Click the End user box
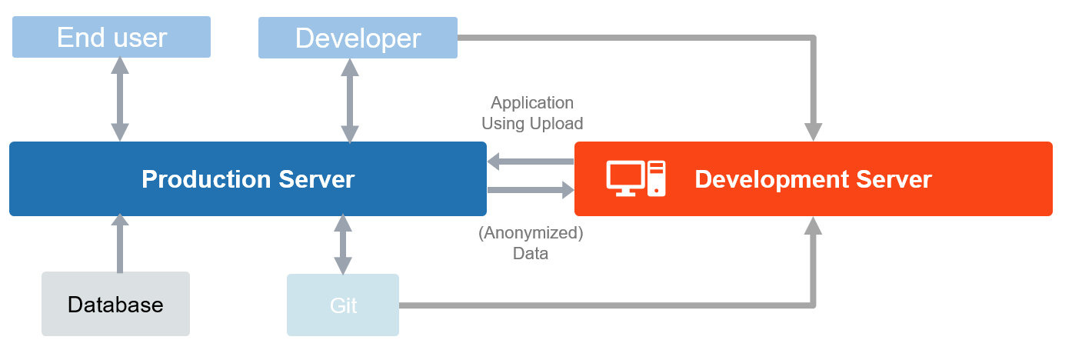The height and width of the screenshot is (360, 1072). tap(112, 38)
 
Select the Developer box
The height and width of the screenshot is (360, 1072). tap(358, 38)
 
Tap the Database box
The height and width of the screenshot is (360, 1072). tap(115, 305)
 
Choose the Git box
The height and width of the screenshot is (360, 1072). tap(343, 305)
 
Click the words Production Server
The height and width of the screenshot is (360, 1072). tap(248, 179)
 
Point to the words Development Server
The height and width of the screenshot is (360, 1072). tap(813, 179)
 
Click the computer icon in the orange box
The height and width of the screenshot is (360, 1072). tap(636, 178)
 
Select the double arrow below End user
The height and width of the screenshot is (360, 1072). tap(119, 98)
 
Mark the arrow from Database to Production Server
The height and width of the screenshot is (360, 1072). tap(119, 243)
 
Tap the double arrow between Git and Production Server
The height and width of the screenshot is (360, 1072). tap(342, 245)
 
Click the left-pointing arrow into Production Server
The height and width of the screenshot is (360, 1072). tap(531, 162)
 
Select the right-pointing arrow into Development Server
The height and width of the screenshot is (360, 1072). tap(531, 189)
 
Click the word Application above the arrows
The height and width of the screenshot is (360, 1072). tap(532, 102)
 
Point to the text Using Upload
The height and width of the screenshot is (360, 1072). tap(532, 123)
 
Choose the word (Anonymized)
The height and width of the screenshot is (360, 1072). tap(531, 233)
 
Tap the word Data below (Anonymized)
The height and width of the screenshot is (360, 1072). tap(531, 253)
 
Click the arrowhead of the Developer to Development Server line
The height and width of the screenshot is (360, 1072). tap(813, 132)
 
